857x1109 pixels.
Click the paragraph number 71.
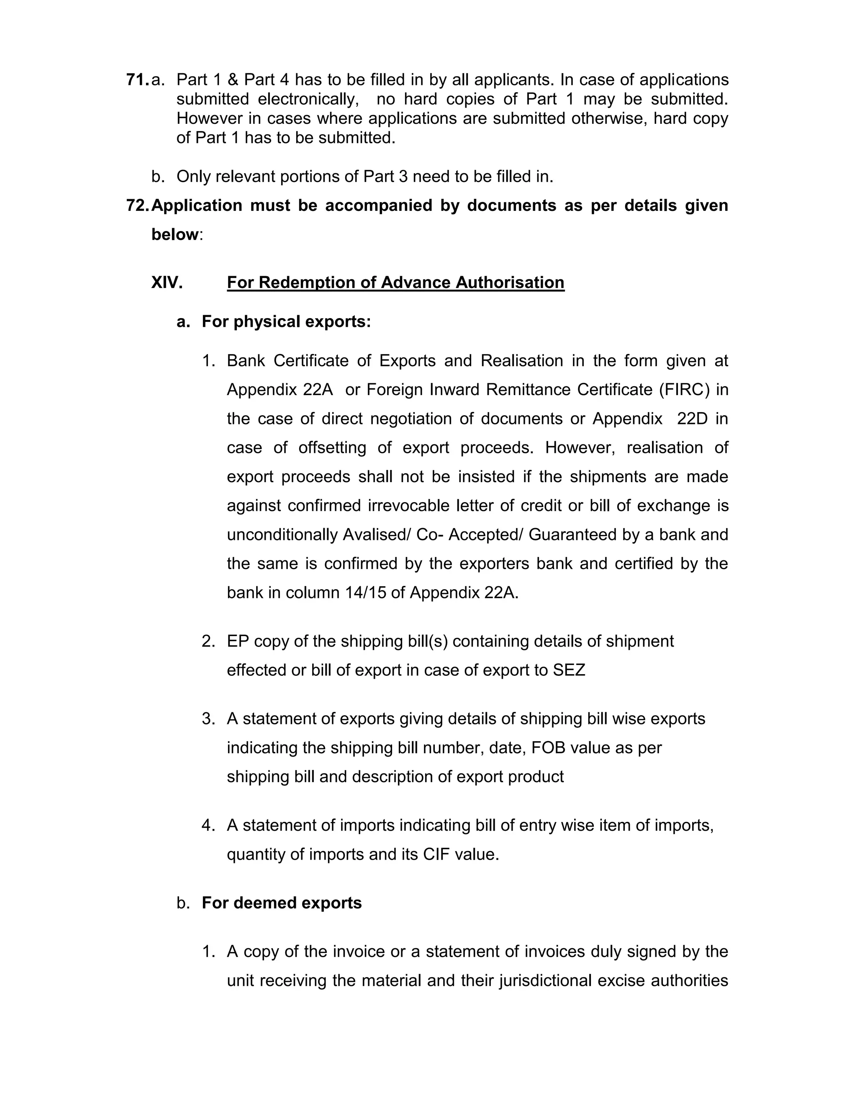(x=137, y=80)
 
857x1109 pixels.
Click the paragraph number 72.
(x=138, y=205)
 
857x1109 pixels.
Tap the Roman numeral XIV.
(x=167, y=282)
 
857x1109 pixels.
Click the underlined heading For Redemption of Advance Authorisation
(x=395, y=282)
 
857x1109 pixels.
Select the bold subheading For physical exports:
(x=286, y=321)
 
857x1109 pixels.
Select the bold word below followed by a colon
(x=174, y=235)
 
